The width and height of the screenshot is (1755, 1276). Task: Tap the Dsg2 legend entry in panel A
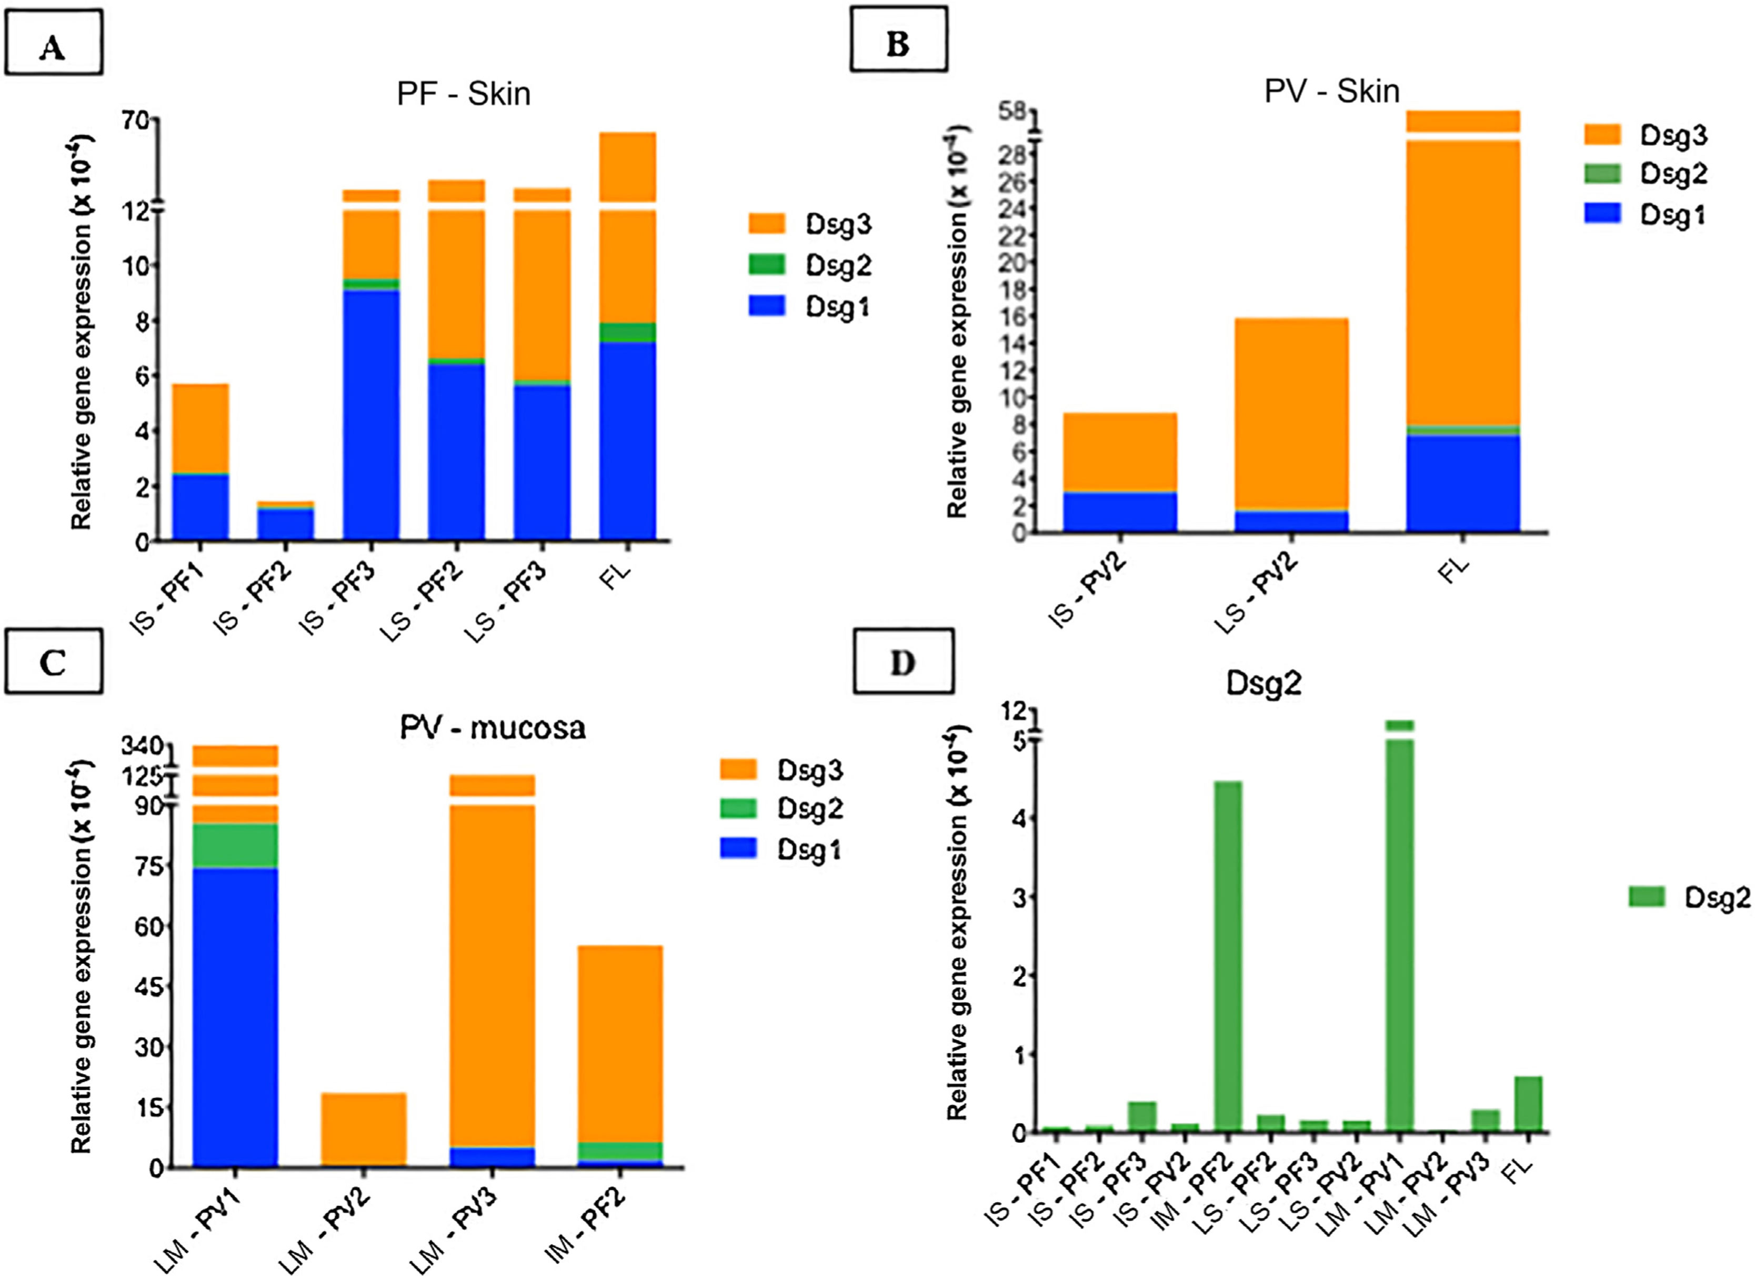point(809,265)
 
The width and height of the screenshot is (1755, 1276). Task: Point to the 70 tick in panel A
point(140,120)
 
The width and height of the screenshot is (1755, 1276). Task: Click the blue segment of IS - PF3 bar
point(372,414)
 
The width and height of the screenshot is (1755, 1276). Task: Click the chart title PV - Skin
point(1331,92)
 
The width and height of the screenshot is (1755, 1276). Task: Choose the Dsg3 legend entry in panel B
point(1644,135)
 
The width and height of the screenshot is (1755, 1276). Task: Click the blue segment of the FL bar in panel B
point(1462,484)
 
